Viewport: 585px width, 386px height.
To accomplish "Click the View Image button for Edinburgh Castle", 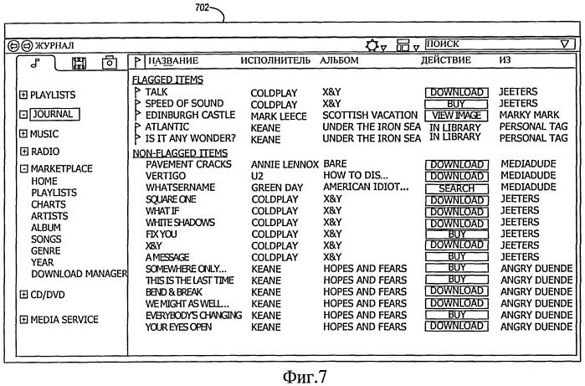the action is [x=456, y=116].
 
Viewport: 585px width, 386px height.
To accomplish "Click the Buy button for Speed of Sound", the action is [x=456, y=104].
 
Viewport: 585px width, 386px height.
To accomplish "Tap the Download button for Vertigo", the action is [x=457, y=176].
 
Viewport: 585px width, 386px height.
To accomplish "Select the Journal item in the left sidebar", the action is [x=55, y=114].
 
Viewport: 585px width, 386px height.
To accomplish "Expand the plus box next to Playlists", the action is [x=23, y=95].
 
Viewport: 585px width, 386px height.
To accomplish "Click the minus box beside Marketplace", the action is [x=24, y=169].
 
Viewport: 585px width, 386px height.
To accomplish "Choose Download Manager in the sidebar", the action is [x=80, y=274].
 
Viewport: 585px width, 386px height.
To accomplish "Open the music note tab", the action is [x=35, y=63].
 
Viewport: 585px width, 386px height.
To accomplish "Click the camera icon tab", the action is [x=110, y=63].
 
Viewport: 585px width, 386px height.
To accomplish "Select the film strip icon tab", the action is [x=79, y=63].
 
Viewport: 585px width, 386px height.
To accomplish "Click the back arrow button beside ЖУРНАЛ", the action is [x=13, y=46].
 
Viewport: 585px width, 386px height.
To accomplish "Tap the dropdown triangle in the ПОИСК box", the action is [x=565, y=44].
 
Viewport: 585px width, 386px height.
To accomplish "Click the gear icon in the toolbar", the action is [x=372, y=45].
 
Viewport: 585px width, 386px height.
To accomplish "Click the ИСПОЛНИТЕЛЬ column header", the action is [x=275, y=60].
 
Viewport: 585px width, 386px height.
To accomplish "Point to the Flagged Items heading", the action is [x=168, y=80].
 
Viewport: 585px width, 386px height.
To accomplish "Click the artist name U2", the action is [x=257, y=176].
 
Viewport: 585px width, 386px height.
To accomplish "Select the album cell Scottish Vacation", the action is [x=370, y=115].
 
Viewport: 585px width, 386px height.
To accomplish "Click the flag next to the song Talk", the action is [x=137, y=92].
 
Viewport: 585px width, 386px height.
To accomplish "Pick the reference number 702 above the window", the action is [x=203, y=7].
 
